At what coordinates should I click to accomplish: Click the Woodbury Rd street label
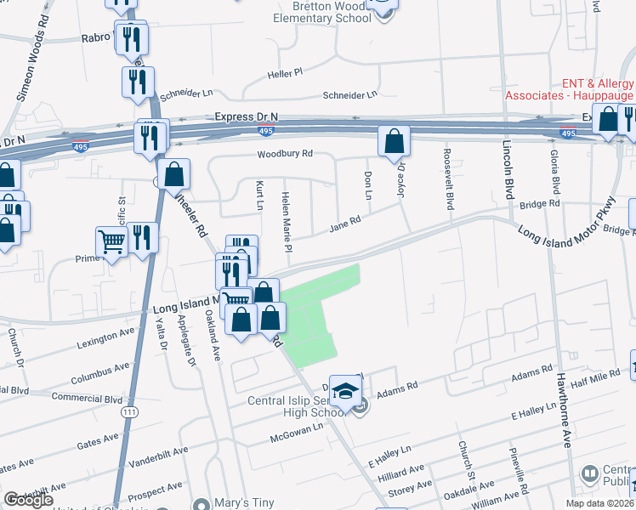pos(287,154)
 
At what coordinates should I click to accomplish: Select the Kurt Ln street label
pos(258,195)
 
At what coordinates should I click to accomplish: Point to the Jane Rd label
pos(345,224)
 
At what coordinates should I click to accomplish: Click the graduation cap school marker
pos(344,391)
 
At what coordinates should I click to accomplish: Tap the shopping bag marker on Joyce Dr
pos(394,142)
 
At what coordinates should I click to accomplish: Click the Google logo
pos(28,500)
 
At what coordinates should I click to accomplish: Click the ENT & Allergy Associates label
pos(569,89)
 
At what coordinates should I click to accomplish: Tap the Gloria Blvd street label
pos(554,173)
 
